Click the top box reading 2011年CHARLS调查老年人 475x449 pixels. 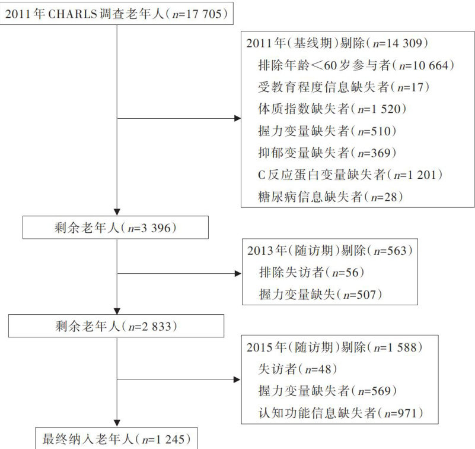(x=116, y=13)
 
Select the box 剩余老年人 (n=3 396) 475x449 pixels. (x=116, y=227)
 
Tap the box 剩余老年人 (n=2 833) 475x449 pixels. (x=116, y=325)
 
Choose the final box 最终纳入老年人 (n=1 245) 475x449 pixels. (x=116, y=439)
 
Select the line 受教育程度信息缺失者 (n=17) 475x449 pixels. (x=344, y=87)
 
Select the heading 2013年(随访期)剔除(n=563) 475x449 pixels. (x=328, y=251)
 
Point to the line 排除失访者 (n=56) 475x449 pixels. (x=311, y=272)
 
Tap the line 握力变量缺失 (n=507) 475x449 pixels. (x=319, y=294)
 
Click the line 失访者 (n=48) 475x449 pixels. (x=298, y=369)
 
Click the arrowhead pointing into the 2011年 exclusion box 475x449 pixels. (x=237, y=119)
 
